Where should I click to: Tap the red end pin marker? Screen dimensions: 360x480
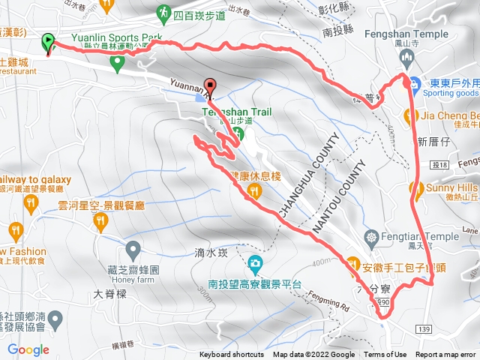[x=210, y=86]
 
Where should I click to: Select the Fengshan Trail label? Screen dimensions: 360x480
[x=237, y=112]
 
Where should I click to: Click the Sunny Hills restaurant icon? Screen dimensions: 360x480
[x=412, y=187]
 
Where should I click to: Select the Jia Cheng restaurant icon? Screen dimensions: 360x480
[x=410, y=115]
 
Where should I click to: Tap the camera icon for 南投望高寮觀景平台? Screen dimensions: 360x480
[x=255, y=263]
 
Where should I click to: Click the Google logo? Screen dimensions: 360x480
[x=28, y=349]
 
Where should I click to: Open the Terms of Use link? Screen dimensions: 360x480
[x=385, y=355]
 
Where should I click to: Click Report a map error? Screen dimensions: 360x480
[x=447, y=355]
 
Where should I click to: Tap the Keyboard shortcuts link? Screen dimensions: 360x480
[x=232, y=355]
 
